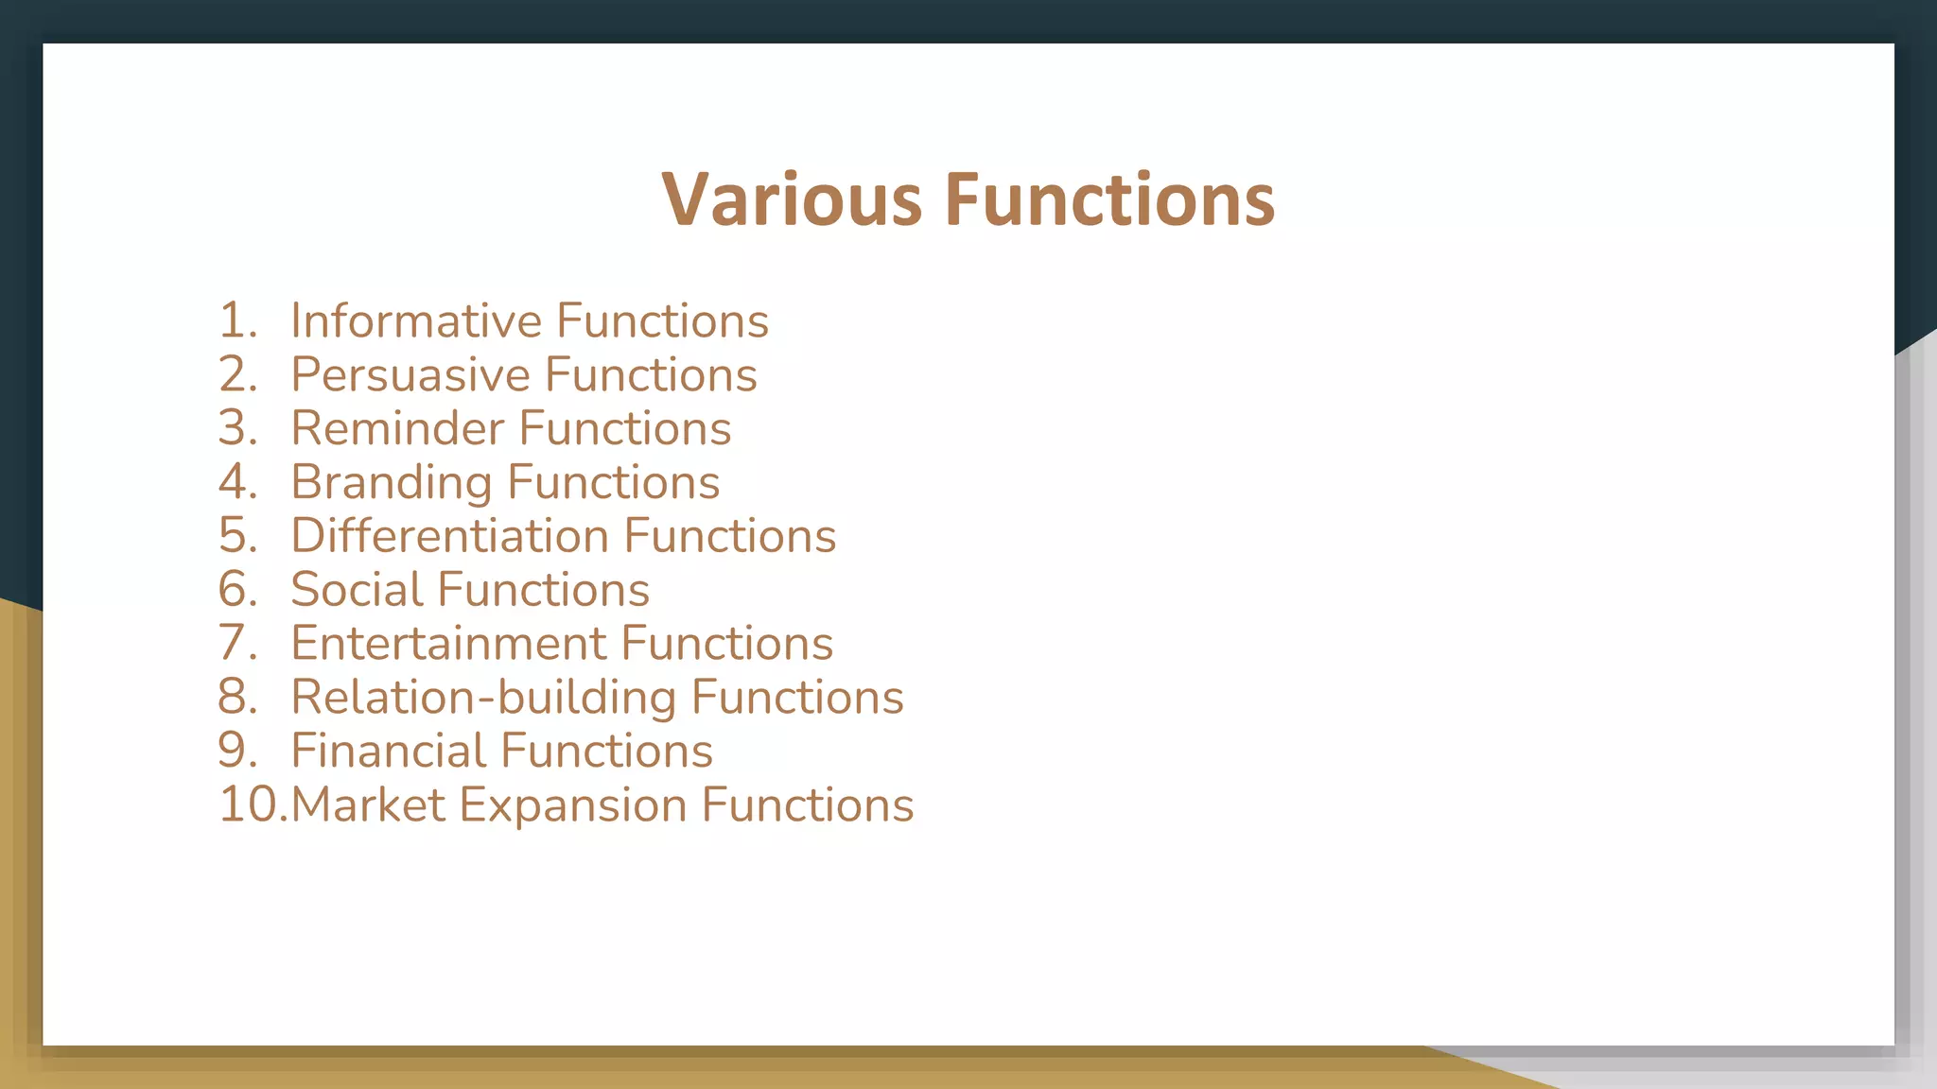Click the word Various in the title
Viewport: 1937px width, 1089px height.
[791, 199]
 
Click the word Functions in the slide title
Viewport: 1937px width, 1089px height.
[1109, 199]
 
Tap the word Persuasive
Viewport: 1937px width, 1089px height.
[410, 375]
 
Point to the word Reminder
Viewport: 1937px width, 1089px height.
[397, 429]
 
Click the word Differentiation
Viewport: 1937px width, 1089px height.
[449, 536]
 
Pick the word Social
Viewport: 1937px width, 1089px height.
[357, 590]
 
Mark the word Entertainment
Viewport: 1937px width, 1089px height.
[448, 644]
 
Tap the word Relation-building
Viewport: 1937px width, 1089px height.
[483, 698]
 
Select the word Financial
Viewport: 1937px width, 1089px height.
[388, 752]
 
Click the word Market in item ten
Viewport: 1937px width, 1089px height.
[368, 805]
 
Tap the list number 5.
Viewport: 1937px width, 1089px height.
[236, 536]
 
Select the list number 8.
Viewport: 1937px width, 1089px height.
[236, 698]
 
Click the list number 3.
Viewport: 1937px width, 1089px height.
[236, 429]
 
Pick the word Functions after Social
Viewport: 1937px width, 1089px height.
[544, 590]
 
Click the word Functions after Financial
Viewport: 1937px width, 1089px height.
[606, 752]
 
